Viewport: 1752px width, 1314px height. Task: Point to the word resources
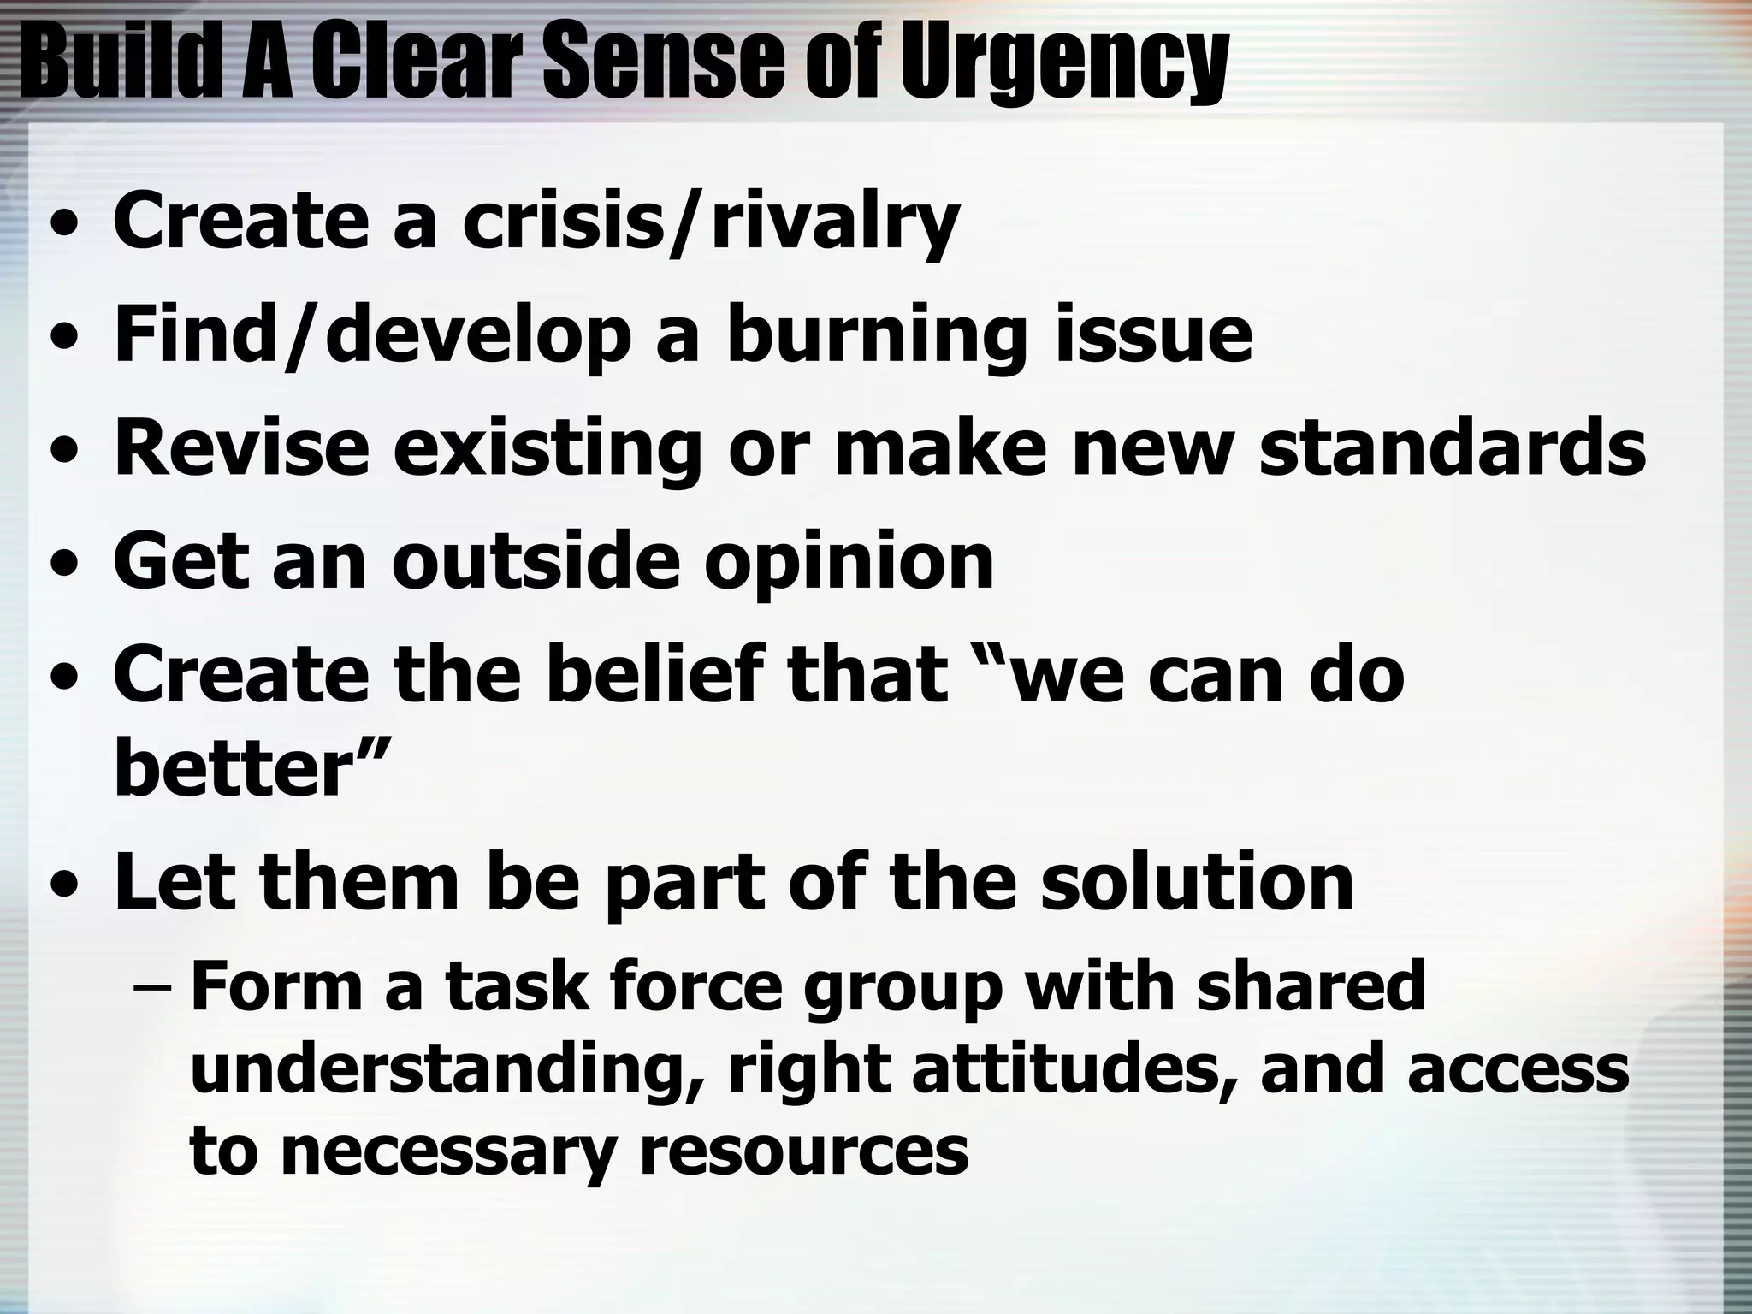tap(803, 1151)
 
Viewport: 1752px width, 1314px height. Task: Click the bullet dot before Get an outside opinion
tap(62, 565)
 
